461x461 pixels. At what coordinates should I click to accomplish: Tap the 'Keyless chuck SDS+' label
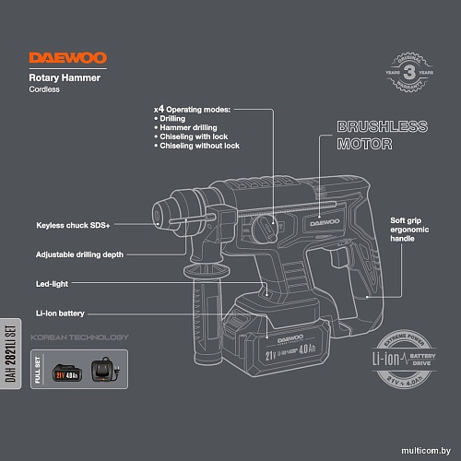(x=73, y=225)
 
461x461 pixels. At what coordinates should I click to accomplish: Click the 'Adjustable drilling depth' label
(x=79, y=254)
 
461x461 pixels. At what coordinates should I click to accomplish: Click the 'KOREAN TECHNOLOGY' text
(x=80, y=337)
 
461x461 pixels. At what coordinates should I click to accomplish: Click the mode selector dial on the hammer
(x=266, y=225)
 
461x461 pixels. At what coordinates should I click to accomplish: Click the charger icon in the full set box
(x=106, y=374)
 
